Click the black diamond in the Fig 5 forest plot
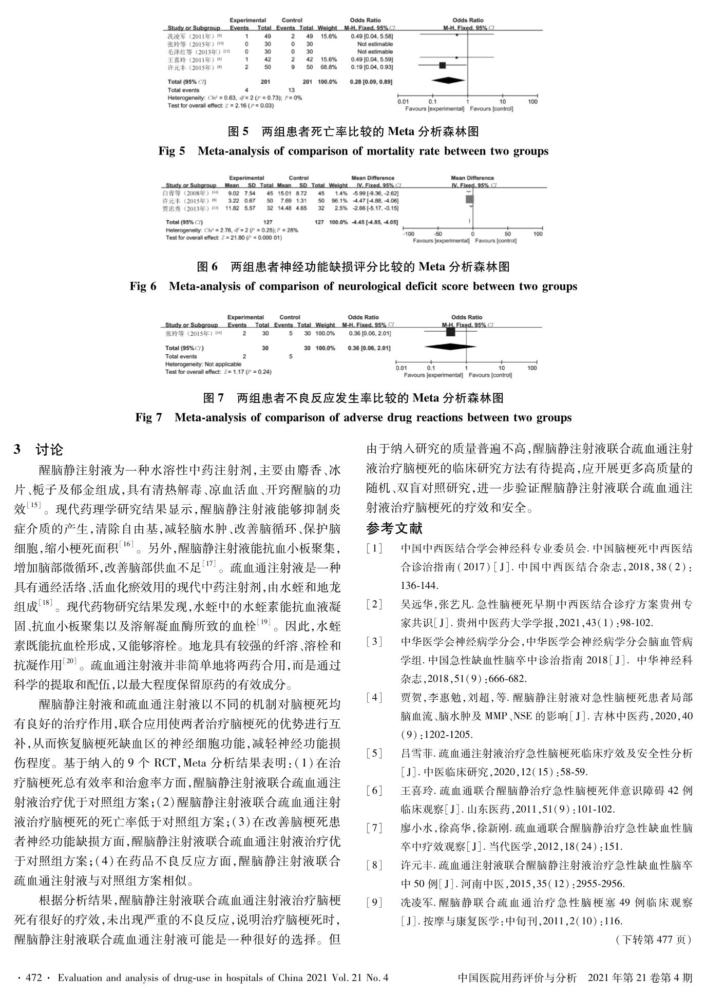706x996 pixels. point(448,81)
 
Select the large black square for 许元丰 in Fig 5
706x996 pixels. point(443,65)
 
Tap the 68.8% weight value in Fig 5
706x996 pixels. point(328,67)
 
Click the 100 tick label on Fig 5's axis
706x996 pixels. point(532,102)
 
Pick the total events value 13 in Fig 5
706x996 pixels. point(292,90)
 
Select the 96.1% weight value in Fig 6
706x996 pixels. point(339,201)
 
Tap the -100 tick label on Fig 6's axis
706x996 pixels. point(409,234)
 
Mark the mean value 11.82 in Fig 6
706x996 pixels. point(233,208)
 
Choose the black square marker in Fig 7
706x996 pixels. point(451,332)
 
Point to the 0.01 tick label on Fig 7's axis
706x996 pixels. point(401,368)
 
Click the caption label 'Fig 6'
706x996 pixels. point(143,286)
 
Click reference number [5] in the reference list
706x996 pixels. point(374,753)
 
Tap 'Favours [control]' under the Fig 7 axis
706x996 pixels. point(491,375)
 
